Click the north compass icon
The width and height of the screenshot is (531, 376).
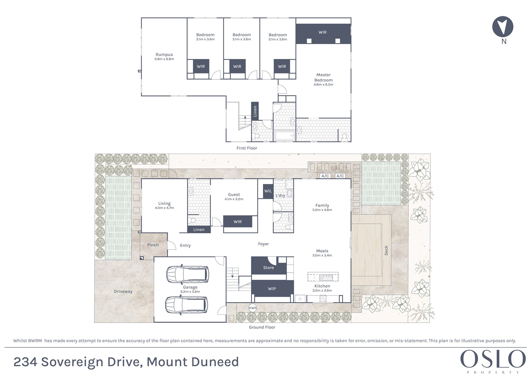point(502,27)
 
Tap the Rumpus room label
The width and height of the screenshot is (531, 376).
point(164,54)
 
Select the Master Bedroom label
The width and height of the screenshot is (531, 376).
point(323,77)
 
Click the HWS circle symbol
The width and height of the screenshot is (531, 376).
point(253,308)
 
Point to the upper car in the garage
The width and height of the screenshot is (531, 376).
point(188,274)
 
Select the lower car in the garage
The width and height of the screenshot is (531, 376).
point(187,305)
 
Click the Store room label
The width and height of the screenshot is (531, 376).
point(268,268)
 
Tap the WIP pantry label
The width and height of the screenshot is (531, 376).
point(272,289)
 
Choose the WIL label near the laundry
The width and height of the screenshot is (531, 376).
point(268,191)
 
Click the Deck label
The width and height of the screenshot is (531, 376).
point(386,250)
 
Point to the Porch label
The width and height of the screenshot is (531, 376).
point(153,245)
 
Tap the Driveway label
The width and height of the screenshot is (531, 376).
point(123,291)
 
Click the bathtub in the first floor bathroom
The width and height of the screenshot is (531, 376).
point(285,136)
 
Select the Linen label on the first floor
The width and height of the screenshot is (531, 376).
point(255,111)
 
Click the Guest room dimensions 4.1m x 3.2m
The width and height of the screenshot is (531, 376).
point(234,199)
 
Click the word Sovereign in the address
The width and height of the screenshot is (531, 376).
point(73,362)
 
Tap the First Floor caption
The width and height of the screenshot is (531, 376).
point(247,148)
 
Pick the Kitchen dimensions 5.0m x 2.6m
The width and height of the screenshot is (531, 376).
point(322,290)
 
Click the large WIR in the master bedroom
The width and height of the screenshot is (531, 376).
point(322,32)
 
